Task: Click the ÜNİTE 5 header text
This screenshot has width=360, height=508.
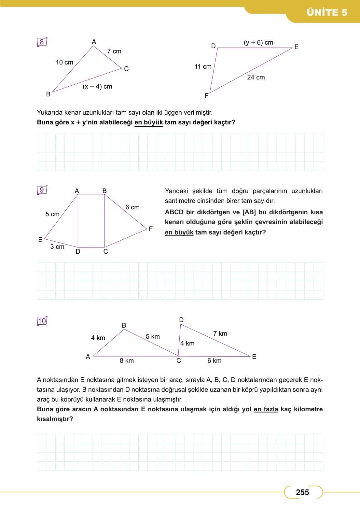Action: pyautogui.click(x=327, y=12)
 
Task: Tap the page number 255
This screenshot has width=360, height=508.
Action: pyautogui.click(x=302, y=492)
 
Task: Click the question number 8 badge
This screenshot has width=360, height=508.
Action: pyautogui.click(x=42, y=42)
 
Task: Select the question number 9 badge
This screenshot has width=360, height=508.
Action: pyautogui.click(x=42, y=190)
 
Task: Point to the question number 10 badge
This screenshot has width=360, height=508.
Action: pyautogui.click(x=42, y=321)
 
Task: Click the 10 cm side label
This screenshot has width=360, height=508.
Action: pyautogui.click(x=64, y=62)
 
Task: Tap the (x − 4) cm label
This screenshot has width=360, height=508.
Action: pyautogui.click(x=97, y=86)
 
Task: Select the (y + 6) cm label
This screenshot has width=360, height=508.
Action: pyautogui.click(x=258, y=42)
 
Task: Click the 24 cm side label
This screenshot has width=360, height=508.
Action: pyautogui.click(x=256, y=77)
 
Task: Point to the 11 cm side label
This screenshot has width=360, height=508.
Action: pyautogui.click(x=203, y=66)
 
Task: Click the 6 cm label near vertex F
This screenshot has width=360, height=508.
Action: pyautogui.click(x=132, y=207)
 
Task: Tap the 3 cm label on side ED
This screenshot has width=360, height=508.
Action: pyautogui.click(x=57, y=247)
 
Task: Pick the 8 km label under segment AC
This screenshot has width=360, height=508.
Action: pyautogui.click(x=127, y=360)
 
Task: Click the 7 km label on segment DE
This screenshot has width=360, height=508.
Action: pyautogui.click(x=220, y=333)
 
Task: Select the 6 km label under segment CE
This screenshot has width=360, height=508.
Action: pyautogui.click(x=215, y=360)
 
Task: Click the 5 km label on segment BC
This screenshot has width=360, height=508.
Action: pyautogui.click(x=153, y=336)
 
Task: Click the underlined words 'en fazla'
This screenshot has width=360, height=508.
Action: pyautogui.click(x=266, y=409)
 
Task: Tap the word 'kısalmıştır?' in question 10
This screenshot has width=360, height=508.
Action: pyautogui.click(x=55, y=419)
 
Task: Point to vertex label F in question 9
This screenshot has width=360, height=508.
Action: pyautogui.click(x=151, y=229)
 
